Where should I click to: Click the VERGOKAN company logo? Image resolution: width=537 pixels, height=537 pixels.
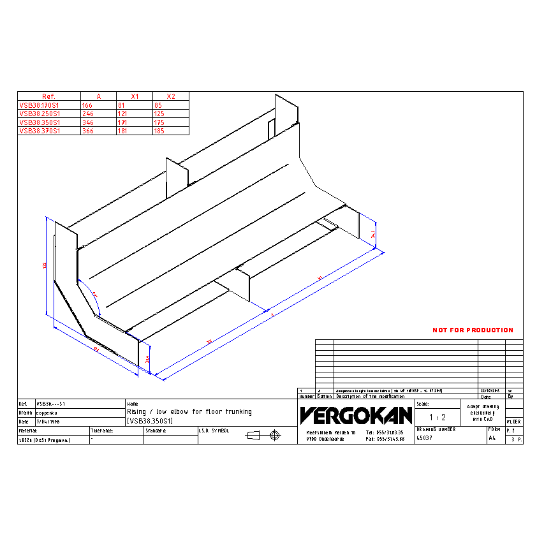(356, 416)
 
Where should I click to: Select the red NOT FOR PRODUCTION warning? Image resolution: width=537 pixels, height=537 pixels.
(473, 330)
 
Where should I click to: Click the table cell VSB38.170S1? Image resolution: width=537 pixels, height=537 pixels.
(40, 105)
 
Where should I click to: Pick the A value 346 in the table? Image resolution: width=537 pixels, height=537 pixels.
(87, 122)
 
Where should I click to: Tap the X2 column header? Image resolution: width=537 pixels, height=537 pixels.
(170, 96)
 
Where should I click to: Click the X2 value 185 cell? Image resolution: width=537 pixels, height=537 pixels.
(159, 131)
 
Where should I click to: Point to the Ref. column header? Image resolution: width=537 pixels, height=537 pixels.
(48, 96)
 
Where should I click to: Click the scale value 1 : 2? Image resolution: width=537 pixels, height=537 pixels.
(437, 417)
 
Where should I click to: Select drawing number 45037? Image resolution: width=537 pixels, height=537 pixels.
(425, 439)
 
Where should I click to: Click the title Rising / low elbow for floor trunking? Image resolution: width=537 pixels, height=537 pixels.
(189, 412)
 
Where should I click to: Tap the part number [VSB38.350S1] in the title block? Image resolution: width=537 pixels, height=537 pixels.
(150, 422)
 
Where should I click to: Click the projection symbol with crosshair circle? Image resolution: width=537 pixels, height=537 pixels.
(275, 435)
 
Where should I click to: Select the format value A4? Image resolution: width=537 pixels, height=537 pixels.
(492, 439)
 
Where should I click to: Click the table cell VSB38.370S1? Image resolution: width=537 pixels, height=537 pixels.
(40, 131)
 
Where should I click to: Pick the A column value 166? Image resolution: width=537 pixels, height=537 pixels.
(87, 105)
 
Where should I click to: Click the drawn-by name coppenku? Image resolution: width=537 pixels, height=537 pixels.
(47, 413)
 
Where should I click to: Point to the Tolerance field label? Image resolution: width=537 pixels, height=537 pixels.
(102, 431)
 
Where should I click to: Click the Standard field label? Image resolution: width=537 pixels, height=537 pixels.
(156, 431)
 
